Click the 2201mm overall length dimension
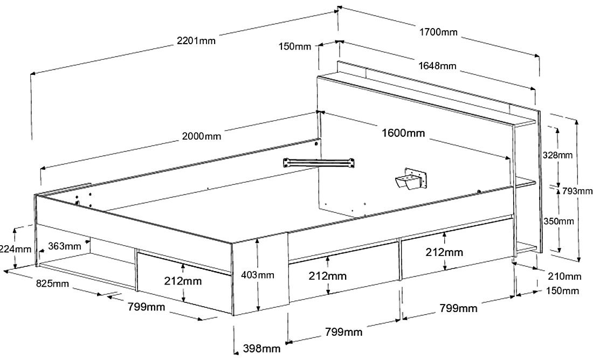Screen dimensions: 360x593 point(196,40)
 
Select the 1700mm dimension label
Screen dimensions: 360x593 point(438,32)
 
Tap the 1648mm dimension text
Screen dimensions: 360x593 point(437,66)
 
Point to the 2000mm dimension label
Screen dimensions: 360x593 point(202,136)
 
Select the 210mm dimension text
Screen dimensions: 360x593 point(564,276)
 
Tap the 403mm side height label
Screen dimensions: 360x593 point(257,275)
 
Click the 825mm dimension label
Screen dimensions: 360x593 point(52,283)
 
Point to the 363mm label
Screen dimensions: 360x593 point(65,246)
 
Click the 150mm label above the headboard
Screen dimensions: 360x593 point(295,46)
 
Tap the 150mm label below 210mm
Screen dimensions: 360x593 point(562,291)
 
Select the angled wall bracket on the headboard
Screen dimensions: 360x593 point(411,179)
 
